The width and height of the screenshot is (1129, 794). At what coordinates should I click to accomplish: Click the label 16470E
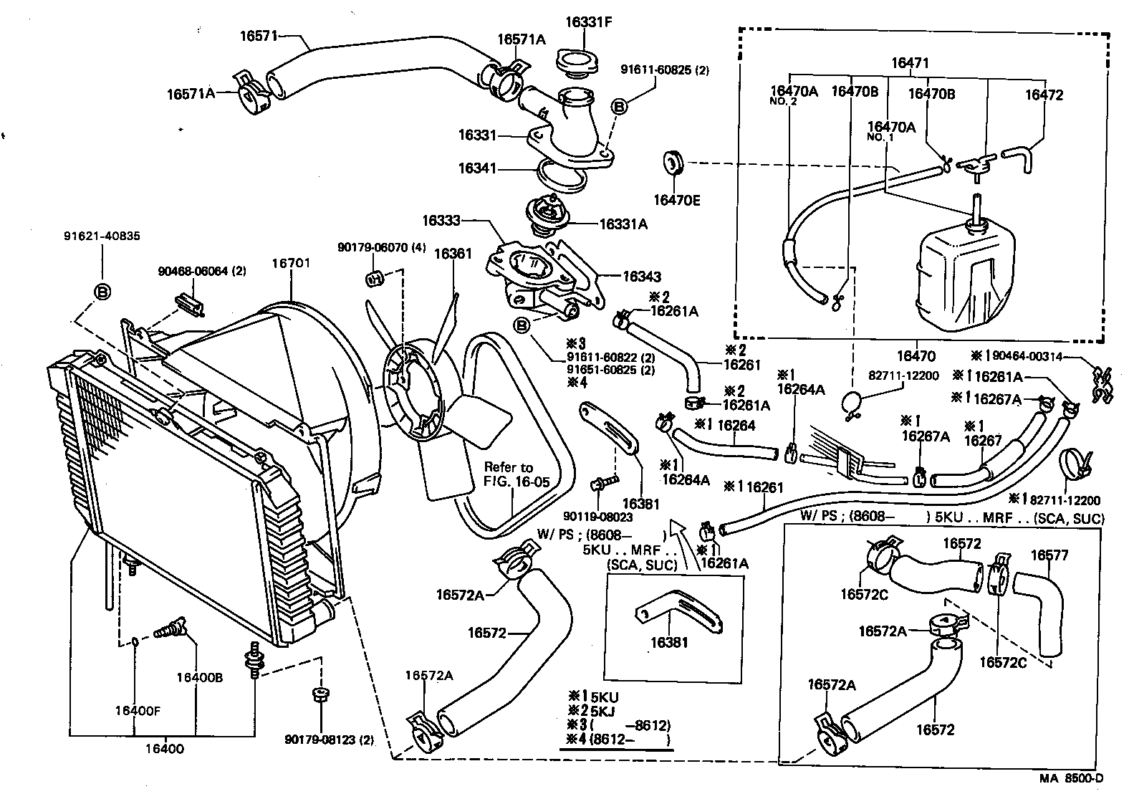click(676, 200)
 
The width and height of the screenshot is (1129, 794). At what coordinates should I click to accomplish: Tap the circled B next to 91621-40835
click(102, 292)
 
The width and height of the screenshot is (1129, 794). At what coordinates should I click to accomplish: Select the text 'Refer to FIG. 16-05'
click(517, 474)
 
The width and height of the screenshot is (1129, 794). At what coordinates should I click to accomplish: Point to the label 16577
click(1049, 555)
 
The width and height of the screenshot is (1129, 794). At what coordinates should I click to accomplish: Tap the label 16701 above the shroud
click(290, 263)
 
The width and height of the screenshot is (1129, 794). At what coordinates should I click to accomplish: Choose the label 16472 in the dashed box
click(1044, 95)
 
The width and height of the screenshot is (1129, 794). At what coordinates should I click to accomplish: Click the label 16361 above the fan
click(453, 253)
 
